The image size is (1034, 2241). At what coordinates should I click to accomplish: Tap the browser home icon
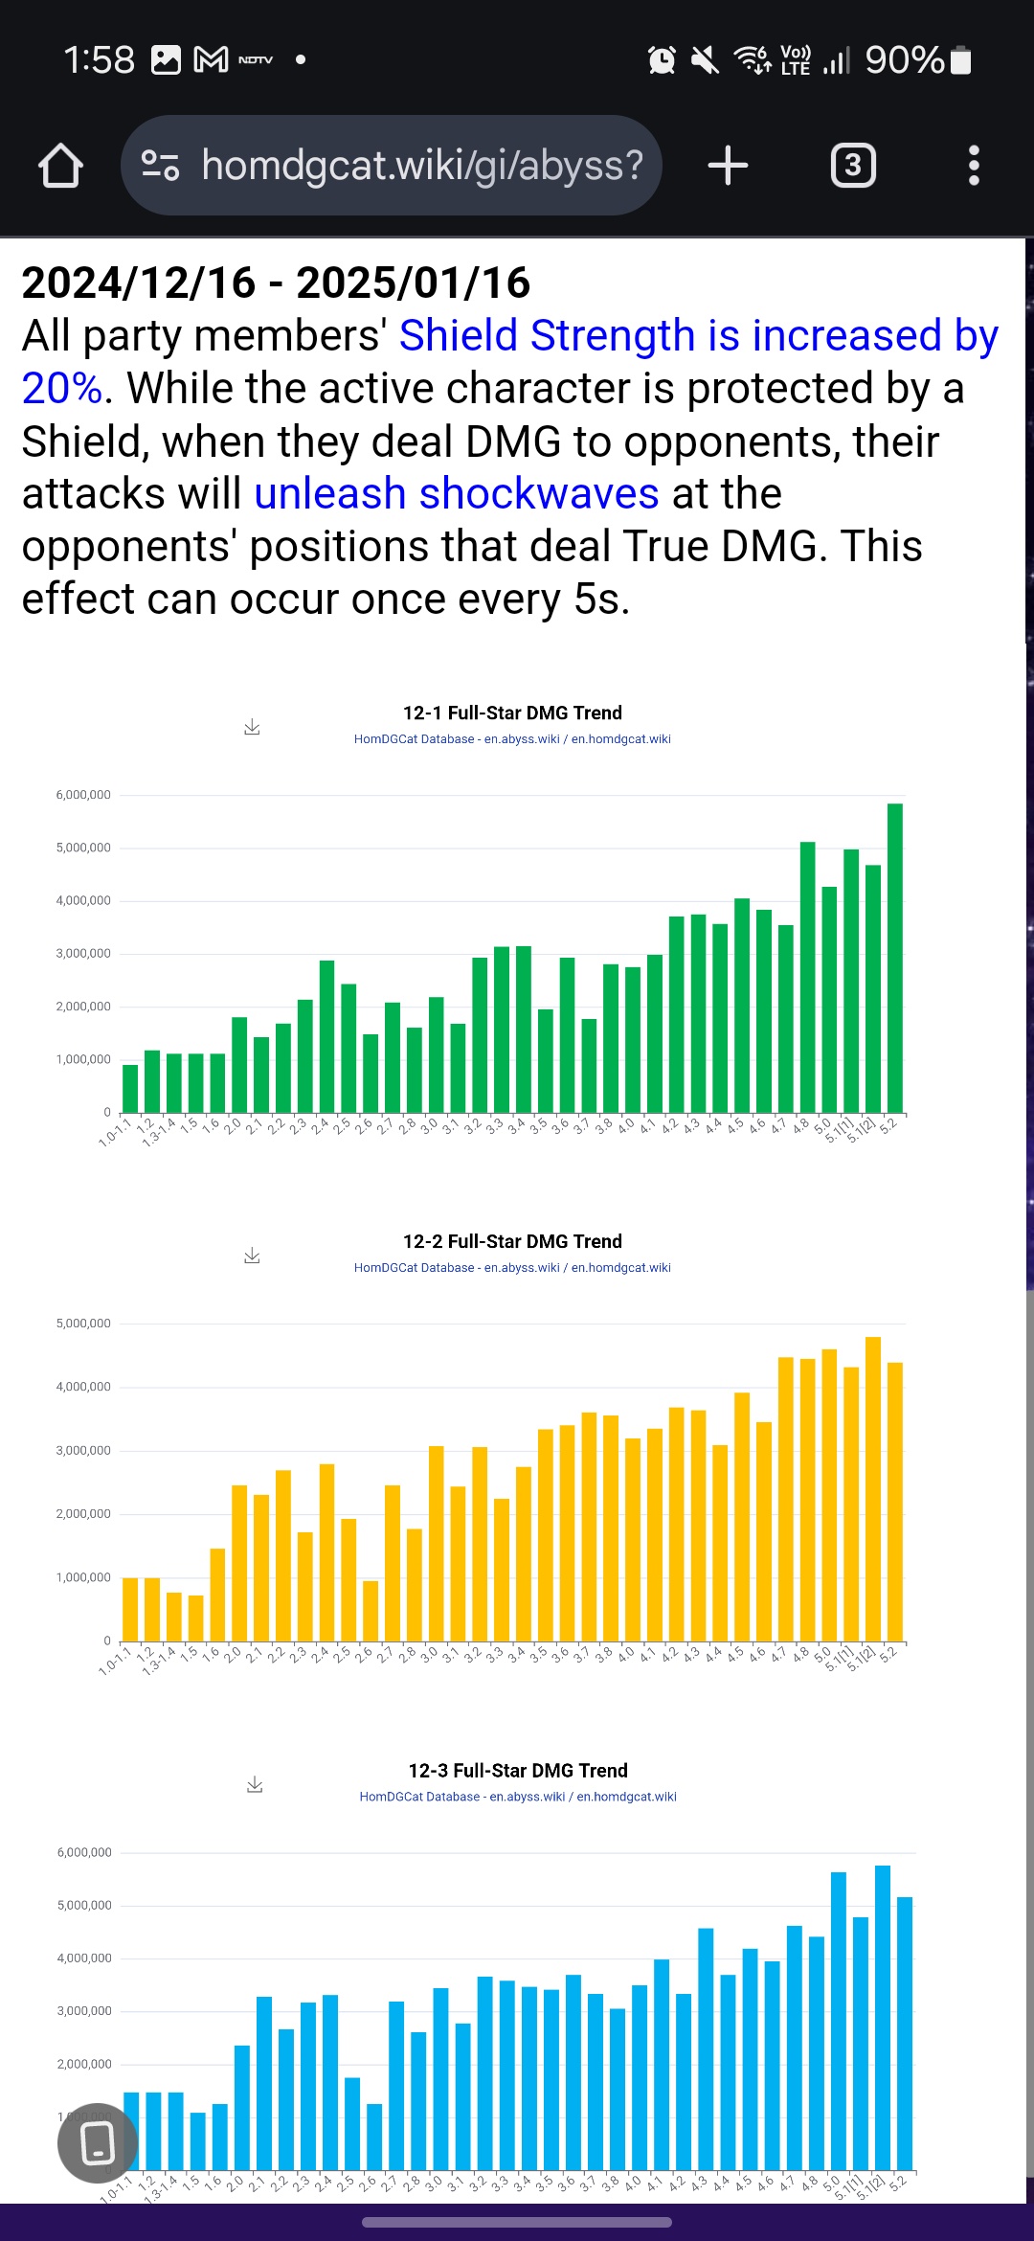pyautogui.click(x=60, y=166)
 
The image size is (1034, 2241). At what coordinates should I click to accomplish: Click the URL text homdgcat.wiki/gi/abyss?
pyautogui.click(x=422, y=166)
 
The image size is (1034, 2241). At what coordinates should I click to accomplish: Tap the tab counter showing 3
pyautogui.click(x=852, y=166)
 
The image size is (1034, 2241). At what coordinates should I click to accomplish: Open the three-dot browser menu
pyautogui.click(x=974, y=166)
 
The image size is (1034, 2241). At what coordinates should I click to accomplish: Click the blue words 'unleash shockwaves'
pyautogui.click(x=457, y=494)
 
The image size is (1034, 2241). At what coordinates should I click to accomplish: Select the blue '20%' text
pyautogui.click(x=61, y=389)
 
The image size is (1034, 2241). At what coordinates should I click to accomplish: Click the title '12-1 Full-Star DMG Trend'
pyautogui.click(x=512, y=713)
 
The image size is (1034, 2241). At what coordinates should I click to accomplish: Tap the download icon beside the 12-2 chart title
pyautogui.click(x=252, y=1256)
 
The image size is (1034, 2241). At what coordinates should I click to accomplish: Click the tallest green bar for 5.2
pyautogui.click(x=894, y=958)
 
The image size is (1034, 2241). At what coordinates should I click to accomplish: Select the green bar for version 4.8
pyautogui.click(x=807, y=977)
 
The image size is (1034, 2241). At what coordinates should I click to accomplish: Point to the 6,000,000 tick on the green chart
pyautogui.click(x=83, y=795)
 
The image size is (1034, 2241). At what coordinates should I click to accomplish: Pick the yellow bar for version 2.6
pyautogui.click(x=371, y=1611)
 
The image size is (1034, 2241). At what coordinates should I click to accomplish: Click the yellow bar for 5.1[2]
pyautogui.click(x=872, y=1489)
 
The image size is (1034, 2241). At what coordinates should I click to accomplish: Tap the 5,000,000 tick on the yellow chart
pyautogui.click(x=83, y=1324)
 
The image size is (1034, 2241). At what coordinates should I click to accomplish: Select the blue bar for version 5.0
pyautogui.click(x=839, y=2021)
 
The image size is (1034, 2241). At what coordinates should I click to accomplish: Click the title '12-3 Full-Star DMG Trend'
pyautogui.click(x=518, y=1771)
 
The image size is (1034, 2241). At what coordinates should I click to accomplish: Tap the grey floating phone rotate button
pyautogui.click(x=98, y=2143)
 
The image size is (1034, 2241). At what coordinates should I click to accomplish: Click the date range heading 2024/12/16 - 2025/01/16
pyautogui.click(x=276, y=283)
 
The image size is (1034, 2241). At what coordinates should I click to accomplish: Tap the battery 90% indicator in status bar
pyautogui.click(x=918, y=60)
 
